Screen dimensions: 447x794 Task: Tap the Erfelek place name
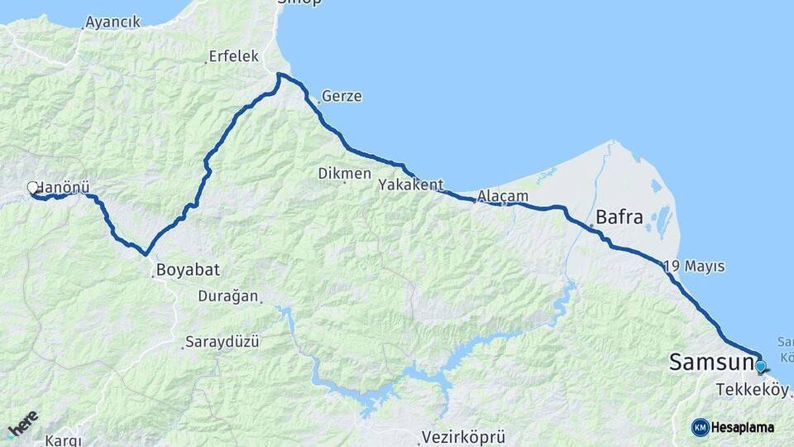click(x=234, y=56)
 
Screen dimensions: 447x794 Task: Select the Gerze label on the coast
click(x=342, y=96)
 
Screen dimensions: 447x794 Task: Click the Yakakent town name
click(x=411, y=185)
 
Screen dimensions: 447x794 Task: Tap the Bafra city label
click(x=619, y=218)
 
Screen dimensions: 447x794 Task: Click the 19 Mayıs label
click(x=694, y=267)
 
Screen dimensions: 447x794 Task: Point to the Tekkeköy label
click(x=753, y=391)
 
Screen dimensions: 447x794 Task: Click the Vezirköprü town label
click(x=463, y=436)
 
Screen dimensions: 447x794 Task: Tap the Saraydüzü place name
click(x=222, y=341)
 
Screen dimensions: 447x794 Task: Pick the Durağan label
click(x=228, y=296)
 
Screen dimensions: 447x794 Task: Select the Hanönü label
click(x=63, y=188)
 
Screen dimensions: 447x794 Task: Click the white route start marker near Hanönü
click(x=33, y=188)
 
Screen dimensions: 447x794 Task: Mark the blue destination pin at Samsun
click(x=760, y=365)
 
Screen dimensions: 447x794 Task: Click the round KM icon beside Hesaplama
click(x=700, y=427)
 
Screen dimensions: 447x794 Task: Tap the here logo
click(x=22, y=425)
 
